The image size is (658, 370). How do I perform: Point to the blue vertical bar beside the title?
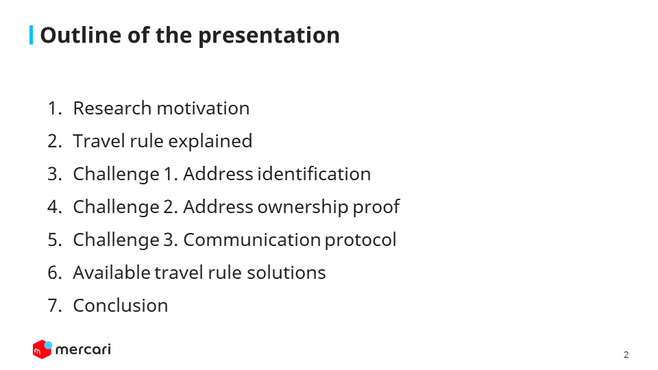click(x=31, y=35)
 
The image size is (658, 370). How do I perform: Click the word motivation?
click(x=203, y=108)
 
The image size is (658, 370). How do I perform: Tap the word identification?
click(x=314, y=174)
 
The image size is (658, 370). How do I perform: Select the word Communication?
click(x=252, y=240)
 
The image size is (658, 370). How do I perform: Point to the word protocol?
click(x=361, y=241)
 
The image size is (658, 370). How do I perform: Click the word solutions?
click(x=287, y=273)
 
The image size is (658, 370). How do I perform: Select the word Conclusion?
click(x=121, y=306)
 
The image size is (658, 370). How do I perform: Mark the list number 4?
click(x=53, y=207)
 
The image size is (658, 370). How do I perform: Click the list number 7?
click(x=53, y=306)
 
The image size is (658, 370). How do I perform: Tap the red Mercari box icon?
click(x=42, y=349)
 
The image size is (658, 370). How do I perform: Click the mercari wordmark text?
click(x=83, y=349)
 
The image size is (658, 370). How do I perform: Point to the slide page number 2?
click(x=626, y=355)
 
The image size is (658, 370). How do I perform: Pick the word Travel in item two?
click(x=99, y=141)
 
